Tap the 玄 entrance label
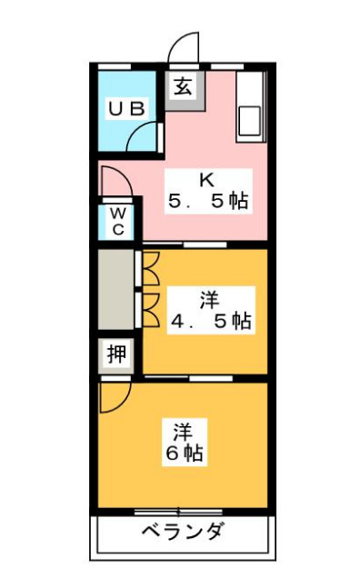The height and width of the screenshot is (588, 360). [x=183, y=88]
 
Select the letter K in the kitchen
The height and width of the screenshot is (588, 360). [x=207, y=178]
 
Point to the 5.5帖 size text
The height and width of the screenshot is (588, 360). [x=208, y=201]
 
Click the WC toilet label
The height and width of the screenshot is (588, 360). [x=118, y=221]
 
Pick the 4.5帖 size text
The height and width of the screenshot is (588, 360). [x=209, y=321]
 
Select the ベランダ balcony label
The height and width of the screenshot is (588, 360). [x=182, y=533]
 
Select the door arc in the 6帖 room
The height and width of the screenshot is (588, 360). [x=115, y=396]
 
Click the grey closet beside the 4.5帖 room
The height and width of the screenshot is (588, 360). [x=116, y=291]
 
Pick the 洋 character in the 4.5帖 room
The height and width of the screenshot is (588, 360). [x=209, y=298]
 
